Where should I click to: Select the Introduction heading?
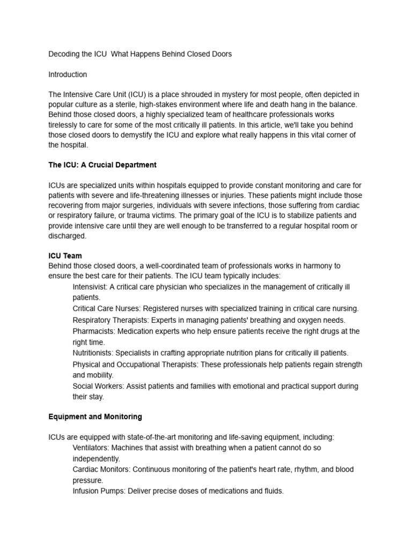[68, 75]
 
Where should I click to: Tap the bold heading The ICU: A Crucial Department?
[102, 165]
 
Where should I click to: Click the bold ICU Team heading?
[65, 256]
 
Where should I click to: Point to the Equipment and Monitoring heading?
[95, 417]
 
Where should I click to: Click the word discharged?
[67, 235]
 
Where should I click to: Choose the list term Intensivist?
[90, 287]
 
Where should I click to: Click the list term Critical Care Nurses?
[107, 309]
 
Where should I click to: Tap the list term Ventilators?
[92, 447]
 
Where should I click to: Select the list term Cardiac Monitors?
[101, 469]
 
